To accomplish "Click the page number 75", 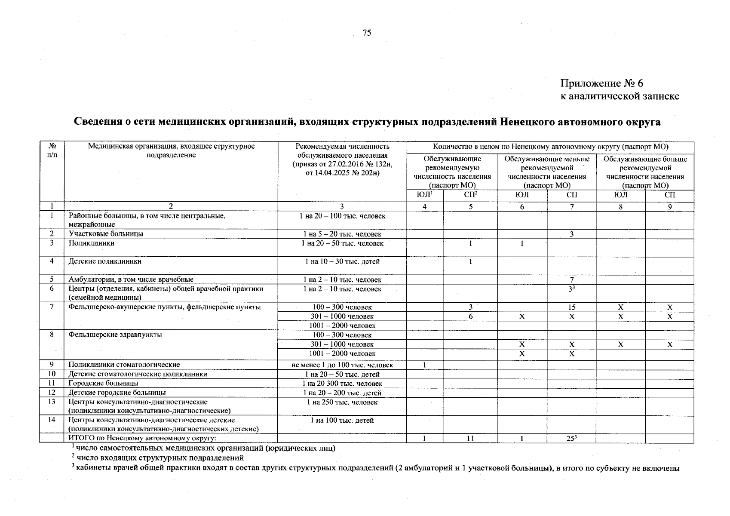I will (x=367, y=33).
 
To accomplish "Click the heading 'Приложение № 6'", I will (x=601, y=83).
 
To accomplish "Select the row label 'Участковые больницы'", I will (x=106, y=234).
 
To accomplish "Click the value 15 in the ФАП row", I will (x=571, y=307).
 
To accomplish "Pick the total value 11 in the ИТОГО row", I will (x=470, y=439).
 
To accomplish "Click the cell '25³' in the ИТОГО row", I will (x=571, y=439).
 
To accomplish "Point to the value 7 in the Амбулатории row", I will (x=571, y=279).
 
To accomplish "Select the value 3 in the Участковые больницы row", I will (x=571, y=234).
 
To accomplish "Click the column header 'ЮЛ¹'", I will (x=424, y=195).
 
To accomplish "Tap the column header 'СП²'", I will (x=470, y=195).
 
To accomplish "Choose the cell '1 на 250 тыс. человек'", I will (x=342, y=402).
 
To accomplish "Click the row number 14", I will (x=52, y=420).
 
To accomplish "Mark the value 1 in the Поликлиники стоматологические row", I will (x=424, y=365).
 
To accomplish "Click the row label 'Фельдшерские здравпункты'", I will (x=115, y=335).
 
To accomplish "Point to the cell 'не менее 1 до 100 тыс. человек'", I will (x=342, y=365).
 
